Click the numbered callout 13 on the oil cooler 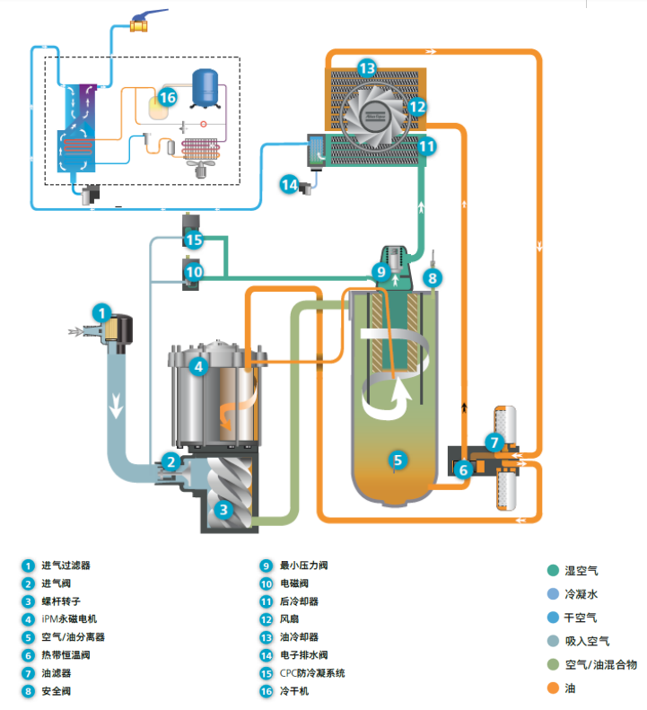click(x=366, y=67)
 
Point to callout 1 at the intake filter click(x=103, y=313)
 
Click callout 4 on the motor click(x=198, y=366)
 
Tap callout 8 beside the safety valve click(x=432, y=278)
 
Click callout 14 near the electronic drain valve click(x=289, y=185)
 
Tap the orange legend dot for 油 click(x=554, y=688)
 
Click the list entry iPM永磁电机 click(x=70, y=619)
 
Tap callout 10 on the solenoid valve click(x=194, y=271)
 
